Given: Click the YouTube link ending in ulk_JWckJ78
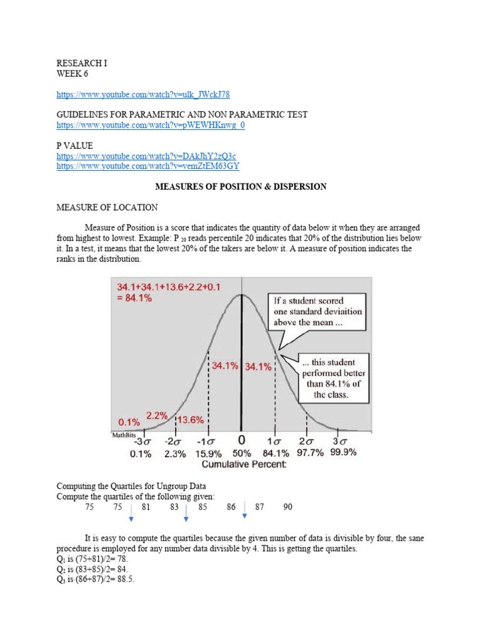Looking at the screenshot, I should pos(143,94).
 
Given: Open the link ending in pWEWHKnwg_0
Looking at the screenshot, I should pos(151,125).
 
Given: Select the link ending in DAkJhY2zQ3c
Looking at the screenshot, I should pos(146,156).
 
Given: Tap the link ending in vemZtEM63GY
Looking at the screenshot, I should pos(147,166).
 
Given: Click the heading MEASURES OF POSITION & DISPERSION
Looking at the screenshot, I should pos(240,186).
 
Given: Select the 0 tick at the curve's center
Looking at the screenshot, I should pos(242,440).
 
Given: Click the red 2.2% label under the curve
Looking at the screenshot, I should pos(157,415).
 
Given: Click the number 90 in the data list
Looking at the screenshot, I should pos(287,507).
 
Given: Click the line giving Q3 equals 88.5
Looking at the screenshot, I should pos(95,579).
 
